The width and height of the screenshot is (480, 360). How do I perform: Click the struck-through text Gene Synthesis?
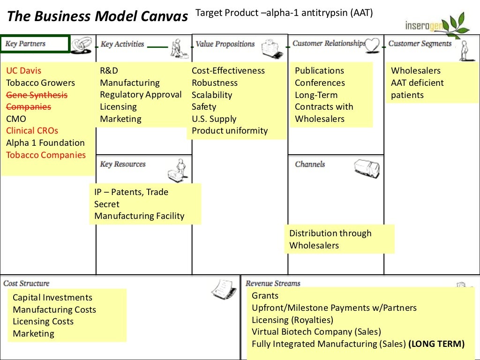coord(37,95)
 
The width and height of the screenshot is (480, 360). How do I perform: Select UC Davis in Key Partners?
coord(23,71)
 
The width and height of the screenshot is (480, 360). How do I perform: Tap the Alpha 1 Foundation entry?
coord(45,143)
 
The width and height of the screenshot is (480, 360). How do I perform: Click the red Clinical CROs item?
coord(32,131)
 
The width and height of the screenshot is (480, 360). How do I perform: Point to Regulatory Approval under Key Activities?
coord(141,95)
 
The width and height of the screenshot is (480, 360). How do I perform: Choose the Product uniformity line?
coord(230,131)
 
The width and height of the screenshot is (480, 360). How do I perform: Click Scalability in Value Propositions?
coord(212,95)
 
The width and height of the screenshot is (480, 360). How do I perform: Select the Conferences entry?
coord(320,83)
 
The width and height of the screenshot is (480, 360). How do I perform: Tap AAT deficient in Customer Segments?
coord(417,83)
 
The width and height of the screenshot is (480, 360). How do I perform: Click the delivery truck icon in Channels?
coord(366,168)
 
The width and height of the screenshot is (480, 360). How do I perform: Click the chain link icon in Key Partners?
coord(82,45)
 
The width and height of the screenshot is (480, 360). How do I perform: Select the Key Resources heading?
coord(123,164)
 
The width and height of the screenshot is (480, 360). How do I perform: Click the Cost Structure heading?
coord(26,283)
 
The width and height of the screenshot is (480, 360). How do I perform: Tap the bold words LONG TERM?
coord(436,344)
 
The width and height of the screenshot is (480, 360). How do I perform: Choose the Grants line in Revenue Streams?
coord(265,296)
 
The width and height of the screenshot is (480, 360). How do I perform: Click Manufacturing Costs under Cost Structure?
coord(54,310)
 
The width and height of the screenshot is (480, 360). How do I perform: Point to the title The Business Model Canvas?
coord(97,17)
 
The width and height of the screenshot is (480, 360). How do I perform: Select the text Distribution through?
coord(330,233)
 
